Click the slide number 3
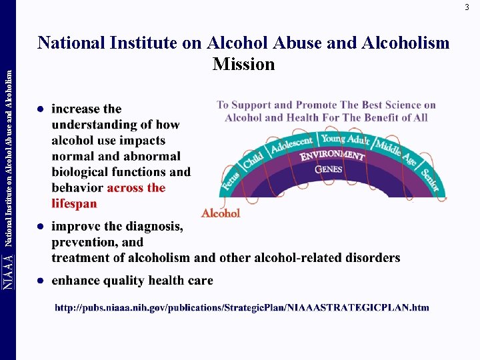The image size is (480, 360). (x=467, y=7)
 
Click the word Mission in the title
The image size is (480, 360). (x=243, y=64)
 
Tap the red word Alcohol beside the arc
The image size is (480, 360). (x=221, y=213)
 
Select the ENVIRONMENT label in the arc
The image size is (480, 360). (x=332, y=156)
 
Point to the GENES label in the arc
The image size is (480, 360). (x=329, y=169)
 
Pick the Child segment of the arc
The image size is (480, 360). (x=253, y=160)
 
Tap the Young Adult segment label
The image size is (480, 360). (x=345, y=139)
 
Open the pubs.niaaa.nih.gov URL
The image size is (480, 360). (x=241, y=307)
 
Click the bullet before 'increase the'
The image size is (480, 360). (x=41, y=109)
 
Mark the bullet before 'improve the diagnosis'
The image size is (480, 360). (x=41, y=227)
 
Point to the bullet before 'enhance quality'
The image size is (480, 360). (x=41, y=281)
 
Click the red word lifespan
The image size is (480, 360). (x=74, y=203)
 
